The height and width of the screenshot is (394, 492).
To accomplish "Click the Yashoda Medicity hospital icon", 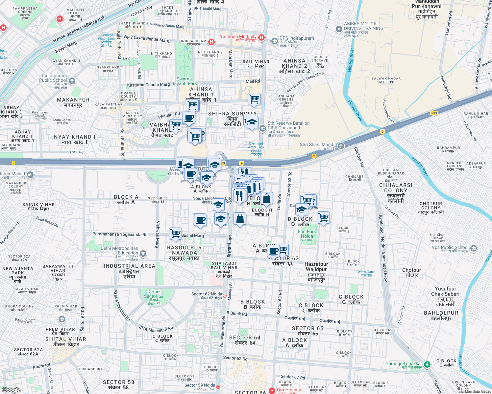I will (x=261, y=37).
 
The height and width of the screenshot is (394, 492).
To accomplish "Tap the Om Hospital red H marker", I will (x=272, y=390).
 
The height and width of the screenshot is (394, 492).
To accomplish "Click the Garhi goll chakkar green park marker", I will (x=427, y=364).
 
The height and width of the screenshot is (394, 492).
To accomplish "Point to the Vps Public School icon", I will (x=473, y=248).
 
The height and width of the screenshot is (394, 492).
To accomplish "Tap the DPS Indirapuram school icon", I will (x=274, y=41).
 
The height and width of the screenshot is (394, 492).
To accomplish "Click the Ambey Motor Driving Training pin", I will (x=339, y=29).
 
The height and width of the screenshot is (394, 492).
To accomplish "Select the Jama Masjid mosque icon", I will (x=30, y=175).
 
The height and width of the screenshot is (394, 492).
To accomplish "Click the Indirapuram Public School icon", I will (x=72, y=81).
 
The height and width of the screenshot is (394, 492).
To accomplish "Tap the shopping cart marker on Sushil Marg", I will (x=176, y=233).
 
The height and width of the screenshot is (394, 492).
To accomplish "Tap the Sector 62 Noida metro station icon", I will (x=225, y=295).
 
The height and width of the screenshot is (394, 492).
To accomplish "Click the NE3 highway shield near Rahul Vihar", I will (x=434, y=113).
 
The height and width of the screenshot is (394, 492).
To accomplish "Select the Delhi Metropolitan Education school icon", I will (x=143, y=253).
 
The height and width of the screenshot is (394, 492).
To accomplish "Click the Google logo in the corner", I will (x=11, y=390).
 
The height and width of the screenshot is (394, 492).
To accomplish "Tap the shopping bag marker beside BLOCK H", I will (x=267, y=198).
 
